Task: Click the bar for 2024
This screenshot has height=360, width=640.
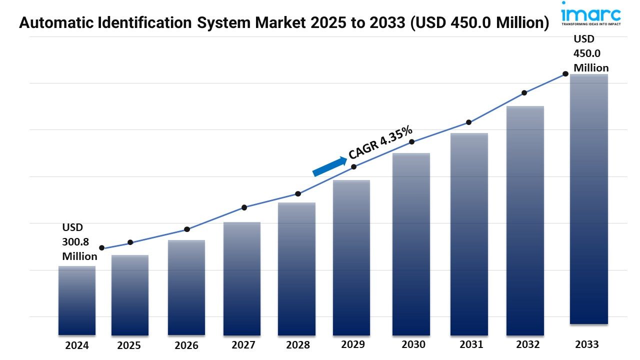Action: [76, 300]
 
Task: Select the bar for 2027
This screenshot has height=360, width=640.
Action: [242, 278]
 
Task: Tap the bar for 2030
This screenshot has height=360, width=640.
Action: [411, 244]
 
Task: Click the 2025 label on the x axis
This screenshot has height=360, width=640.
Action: [129, 345]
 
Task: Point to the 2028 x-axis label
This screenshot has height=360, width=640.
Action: [298, 345]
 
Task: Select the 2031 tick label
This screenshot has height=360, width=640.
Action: [471, 344]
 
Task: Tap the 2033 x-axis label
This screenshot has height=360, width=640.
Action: [586, 344]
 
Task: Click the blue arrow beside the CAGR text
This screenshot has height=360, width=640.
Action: [330, 166]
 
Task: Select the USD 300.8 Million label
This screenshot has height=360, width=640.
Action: [79, 242]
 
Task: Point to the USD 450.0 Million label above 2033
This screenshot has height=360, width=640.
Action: [590, 53]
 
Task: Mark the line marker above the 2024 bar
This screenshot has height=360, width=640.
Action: [102, 248]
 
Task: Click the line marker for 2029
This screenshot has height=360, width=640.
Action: [354, 166]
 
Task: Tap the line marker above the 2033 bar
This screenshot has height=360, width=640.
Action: [565, 73]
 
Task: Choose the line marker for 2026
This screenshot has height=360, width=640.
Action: [187, 229]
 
